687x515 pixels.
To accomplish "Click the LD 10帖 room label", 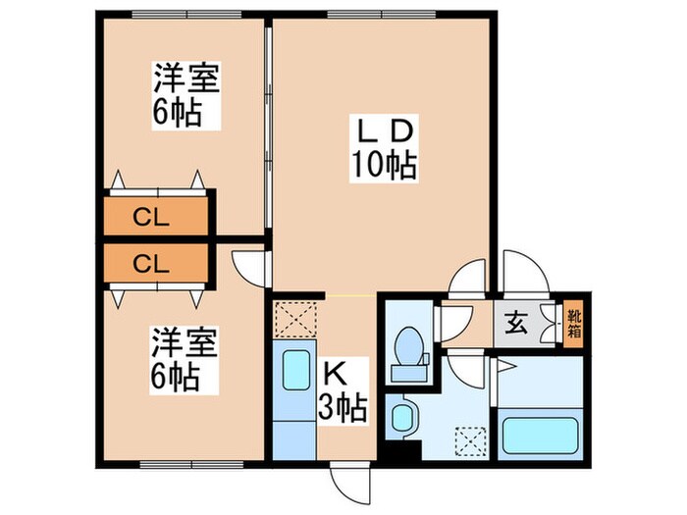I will coord(385,147).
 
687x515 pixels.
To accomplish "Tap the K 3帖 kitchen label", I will coord(343,389).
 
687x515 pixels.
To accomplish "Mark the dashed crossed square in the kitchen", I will coord(294,319).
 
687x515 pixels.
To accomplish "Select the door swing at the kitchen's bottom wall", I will coord(347,481).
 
